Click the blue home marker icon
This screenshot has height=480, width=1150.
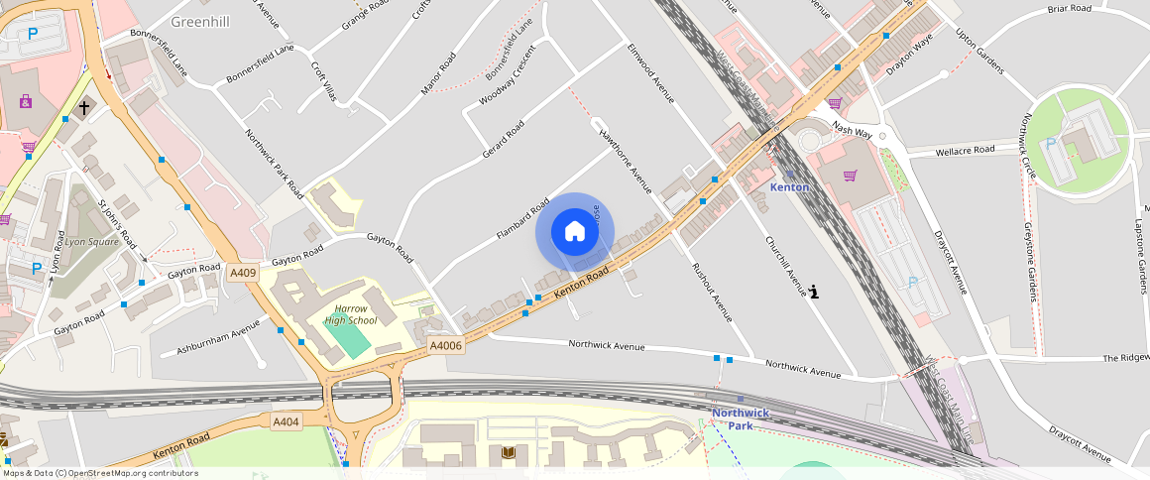click(574, 232)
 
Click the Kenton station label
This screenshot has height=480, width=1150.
click(790, 187)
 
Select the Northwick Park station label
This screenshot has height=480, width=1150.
click(741, 419)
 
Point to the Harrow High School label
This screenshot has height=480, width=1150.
click(351, 314)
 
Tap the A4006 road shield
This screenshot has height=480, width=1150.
click(446, 345)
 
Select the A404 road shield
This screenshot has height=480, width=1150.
click(286, 421)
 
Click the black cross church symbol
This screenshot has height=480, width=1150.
click(84, 106)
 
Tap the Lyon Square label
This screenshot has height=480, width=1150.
click(91, 241)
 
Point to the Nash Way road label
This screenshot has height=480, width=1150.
click(852, 130)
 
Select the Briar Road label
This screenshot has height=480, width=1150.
click(1070, 9)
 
